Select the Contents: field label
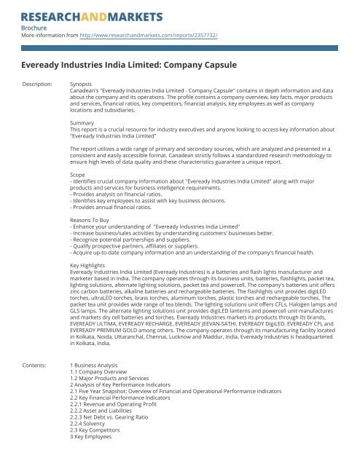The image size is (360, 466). (x=36, y=363)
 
